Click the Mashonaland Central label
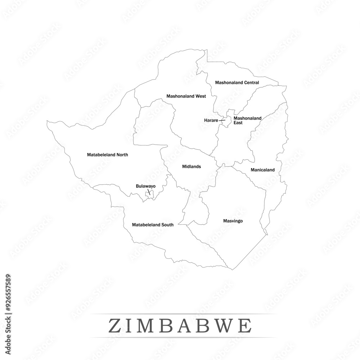coord(237,82)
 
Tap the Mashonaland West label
coord(186,96)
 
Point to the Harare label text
coord(211,120)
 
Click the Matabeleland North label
coord(107,155)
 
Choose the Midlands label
coord(192,167)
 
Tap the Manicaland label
coord(263,170)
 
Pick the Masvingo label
coord(233,221)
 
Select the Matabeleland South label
coord(153,225)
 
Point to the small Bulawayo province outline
coord(149,195)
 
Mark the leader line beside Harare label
coord(222,121)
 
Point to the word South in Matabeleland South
coord(167,225)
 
